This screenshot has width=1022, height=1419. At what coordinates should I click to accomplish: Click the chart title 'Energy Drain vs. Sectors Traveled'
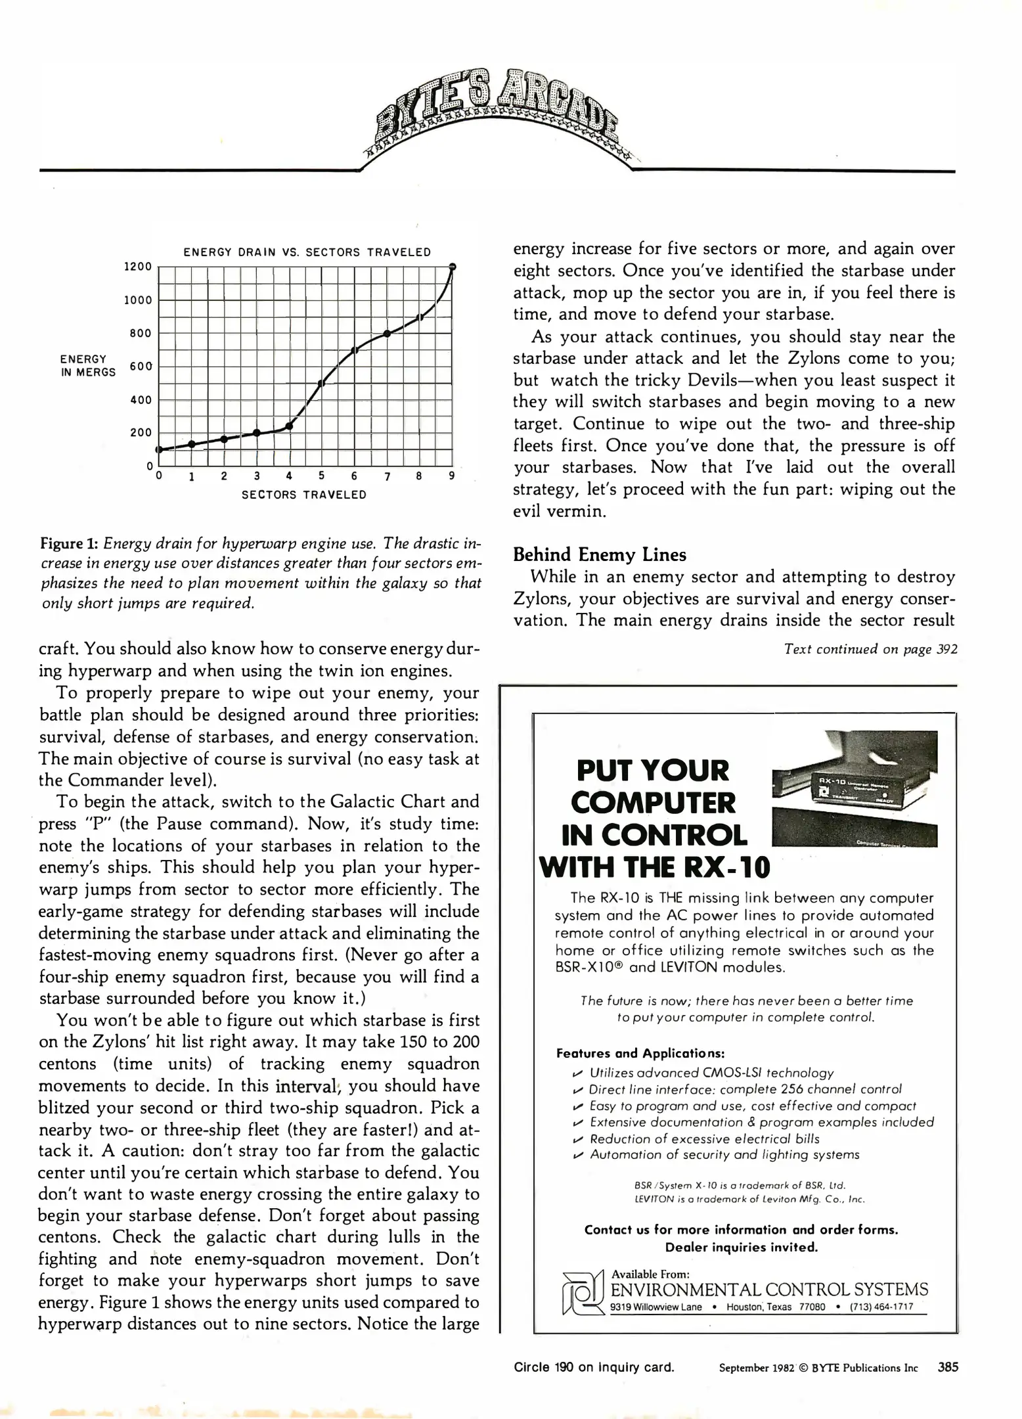[307, 252]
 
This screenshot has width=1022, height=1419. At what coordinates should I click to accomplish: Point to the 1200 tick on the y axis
[138, 267]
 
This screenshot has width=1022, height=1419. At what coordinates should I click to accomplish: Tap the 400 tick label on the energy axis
[141, 399]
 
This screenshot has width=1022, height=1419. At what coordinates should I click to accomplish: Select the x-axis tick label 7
[388, 476]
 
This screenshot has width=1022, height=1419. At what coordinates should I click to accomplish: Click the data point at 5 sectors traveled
[321, 383]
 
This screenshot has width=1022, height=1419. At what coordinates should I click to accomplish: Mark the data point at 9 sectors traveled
[453, 266]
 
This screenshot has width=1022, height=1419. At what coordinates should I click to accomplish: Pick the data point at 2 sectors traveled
[224, 439]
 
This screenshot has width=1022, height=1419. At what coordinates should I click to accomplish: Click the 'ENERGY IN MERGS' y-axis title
[87, 366]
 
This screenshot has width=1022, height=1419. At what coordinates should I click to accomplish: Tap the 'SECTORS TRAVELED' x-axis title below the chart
[304, 495]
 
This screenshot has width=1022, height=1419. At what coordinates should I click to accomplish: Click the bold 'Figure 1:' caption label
[70, 544]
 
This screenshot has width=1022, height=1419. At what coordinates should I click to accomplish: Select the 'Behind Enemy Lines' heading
[599, 555]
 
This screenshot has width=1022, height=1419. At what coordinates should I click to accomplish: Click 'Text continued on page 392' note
[870, 649]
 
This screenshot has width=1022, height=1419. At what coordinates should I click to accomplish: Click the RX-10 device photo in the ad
[855, 788]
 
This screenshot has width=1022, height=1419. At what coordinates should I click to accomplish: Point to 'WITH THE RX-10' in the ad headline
[654, 867]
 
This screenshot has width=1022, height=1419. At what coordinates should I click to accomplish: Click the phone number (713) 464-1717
[881, 1307]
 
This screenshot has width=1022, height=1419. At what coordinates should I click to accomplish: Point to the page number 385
[948, 1367]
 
